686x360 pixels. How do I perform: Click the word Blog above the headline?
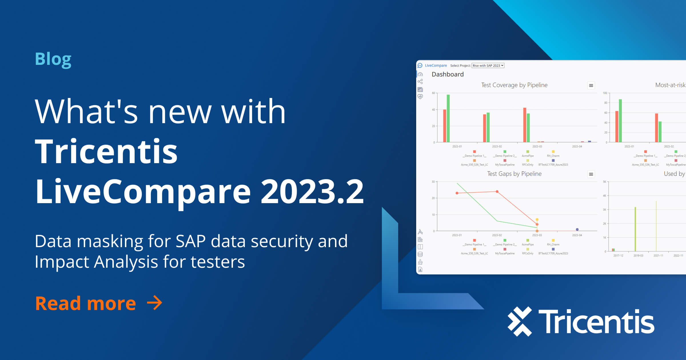click(x=53, y=59)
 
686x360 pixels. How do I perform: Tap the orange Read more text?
click(x=85, y=303)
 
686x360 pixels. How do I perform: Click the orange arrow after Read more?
click(x=154, y=303)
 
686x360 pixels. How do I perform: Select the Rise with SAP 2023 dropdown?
click(x=488, y=66)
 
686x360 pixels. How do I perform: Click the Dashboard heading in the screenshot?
click(x=448, y=75)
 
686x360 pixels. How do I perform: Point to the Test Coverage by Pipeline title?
click(x=514, y=85)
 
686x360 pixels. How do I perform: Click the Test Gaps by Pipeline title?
click(x=514, y=174)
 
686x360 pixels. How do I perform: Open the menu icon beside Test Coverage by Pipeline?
click(x=591, y=85)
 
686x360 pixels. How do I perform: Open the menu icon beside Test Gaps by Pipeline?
click(x=591, y=174)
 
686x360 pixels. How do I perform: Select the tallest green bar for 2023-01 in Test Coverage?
click(x=448, y=118)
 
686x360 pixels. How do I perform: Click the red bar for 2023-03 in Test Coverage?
click(x=525, y=125)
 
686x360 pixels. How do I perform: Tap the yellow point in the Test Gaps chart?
click(x=537, y=219)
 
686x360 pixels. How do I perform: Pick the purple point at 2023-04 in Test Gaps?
click(x=577, y=229)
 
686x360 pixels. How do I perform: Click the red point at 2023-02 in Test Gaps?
click(x=497, y=191)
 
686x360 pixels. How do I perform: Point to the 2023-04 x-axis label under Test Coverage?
click(x=577, y=147)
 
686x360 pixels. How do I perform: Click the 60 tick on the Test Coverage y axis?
click(x=433, y=93)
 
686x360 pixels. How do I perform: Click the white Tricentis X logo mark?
click(x=520, y=321)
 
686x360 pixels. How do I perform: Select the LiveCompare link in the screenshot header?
click(x=436, y=66)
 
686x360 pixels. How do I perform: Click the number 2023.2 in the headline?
click(x=312, y=191)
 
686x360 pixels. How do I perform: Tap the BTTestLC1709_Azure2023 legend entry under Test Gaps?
click(x=553, y=253)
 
